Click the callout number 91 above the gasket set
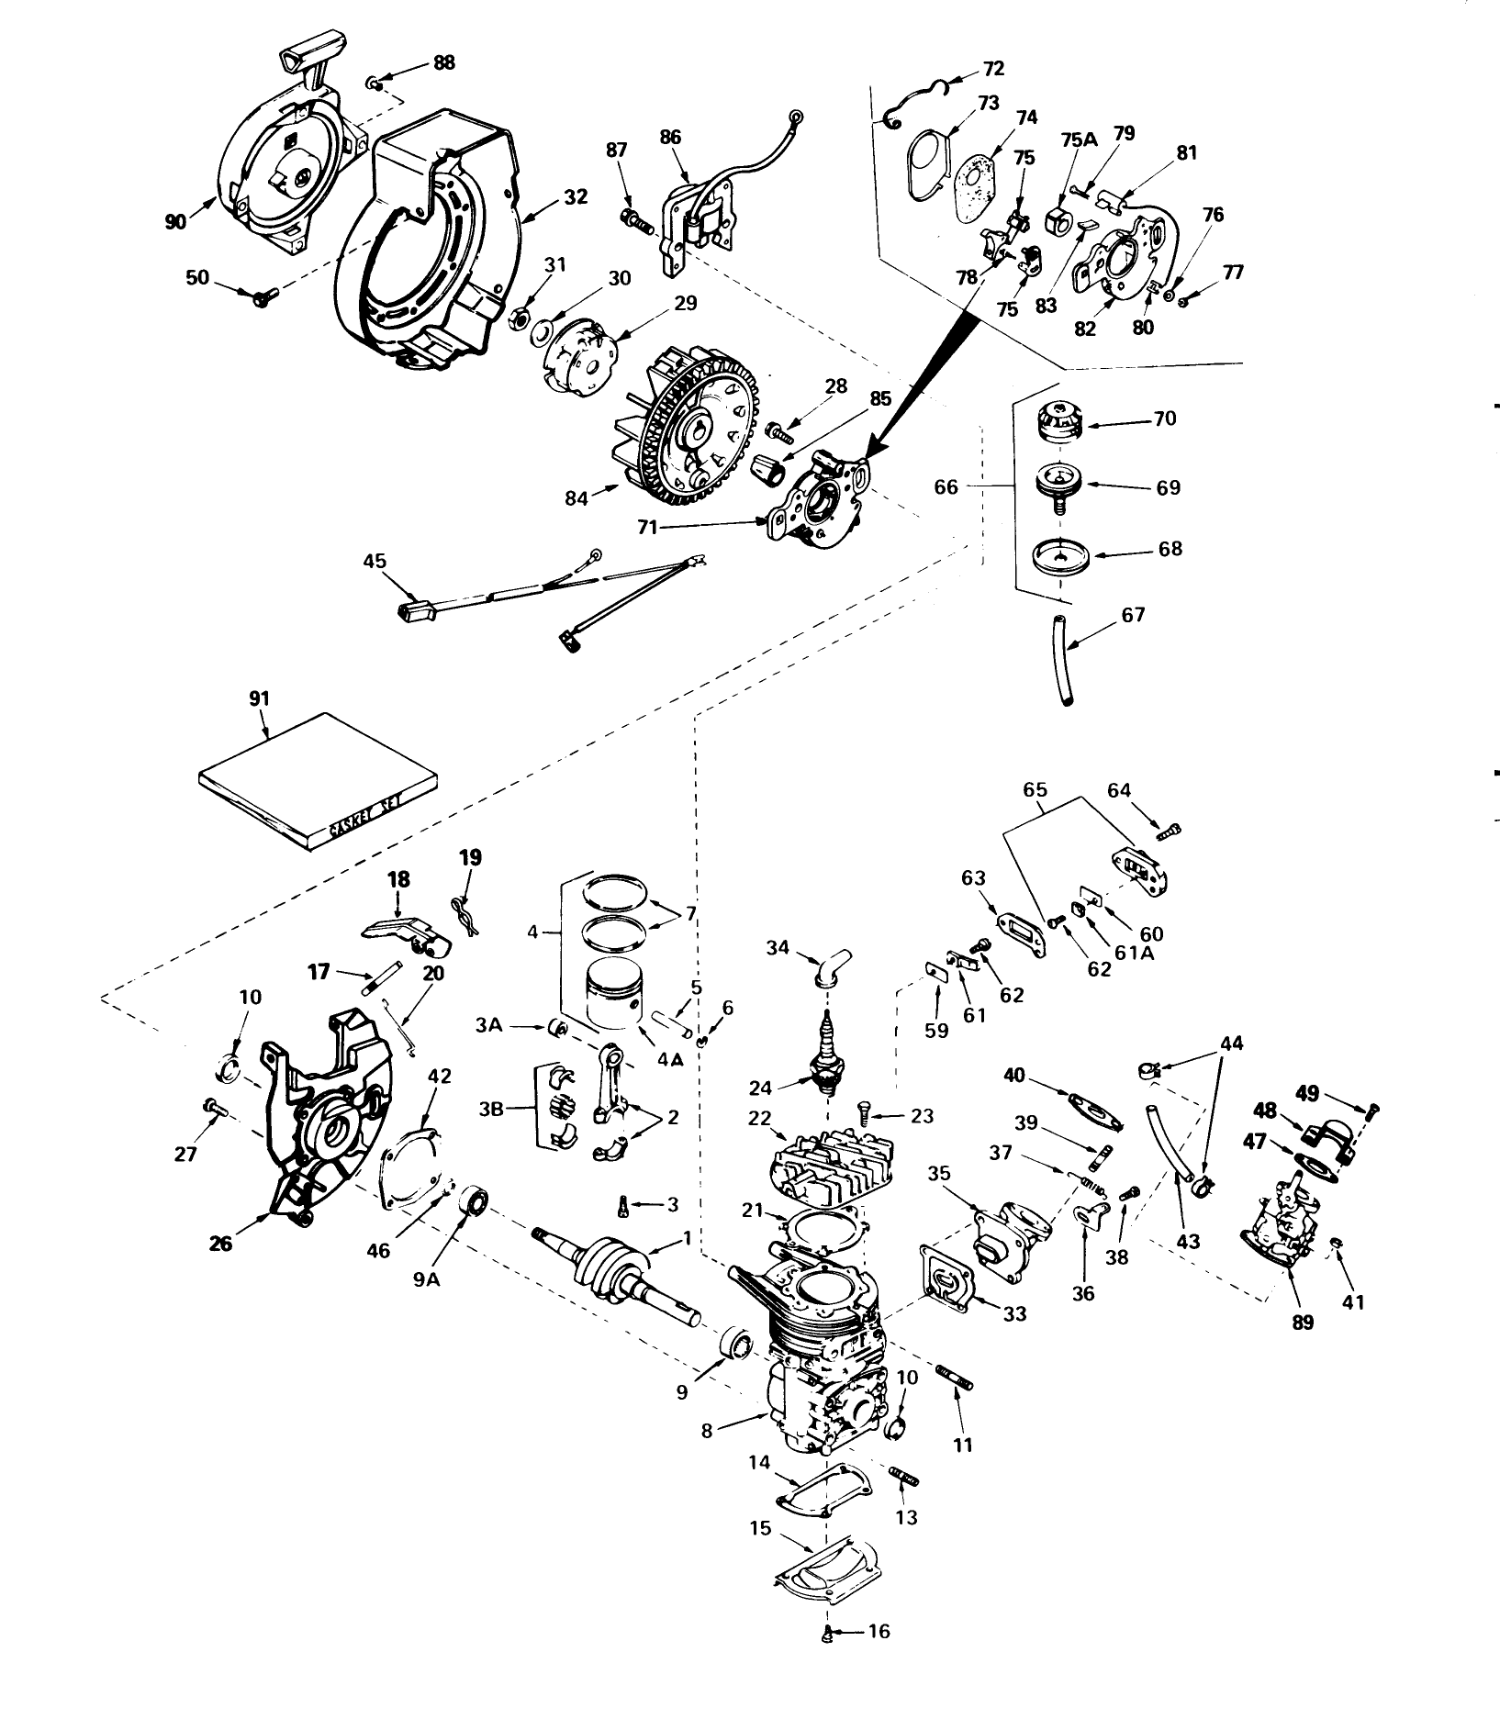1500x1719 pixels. (259, 698)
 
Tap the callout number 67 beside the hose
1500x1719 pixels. (1133, 614)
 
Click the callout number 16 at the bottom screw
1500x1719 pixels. (879, 1658)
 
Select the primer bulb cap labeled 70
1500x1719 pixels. (1058, 422)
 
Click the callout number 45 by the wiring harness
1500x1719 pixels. (375, 561)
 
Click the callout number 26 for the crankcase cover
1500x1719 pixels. (220, 1243)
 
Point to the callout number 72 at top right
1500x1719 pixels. (993, 68)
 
